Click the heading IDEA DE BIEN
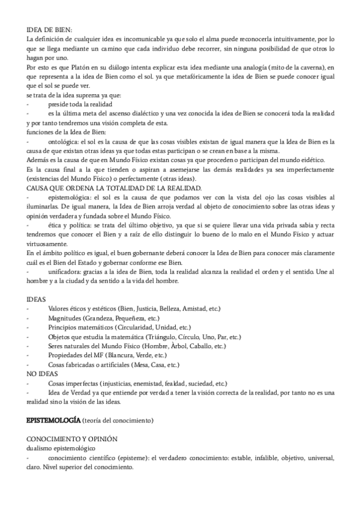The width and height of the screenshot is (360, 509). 50,29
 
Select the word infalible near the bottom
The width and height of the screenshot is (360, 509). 249,458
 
